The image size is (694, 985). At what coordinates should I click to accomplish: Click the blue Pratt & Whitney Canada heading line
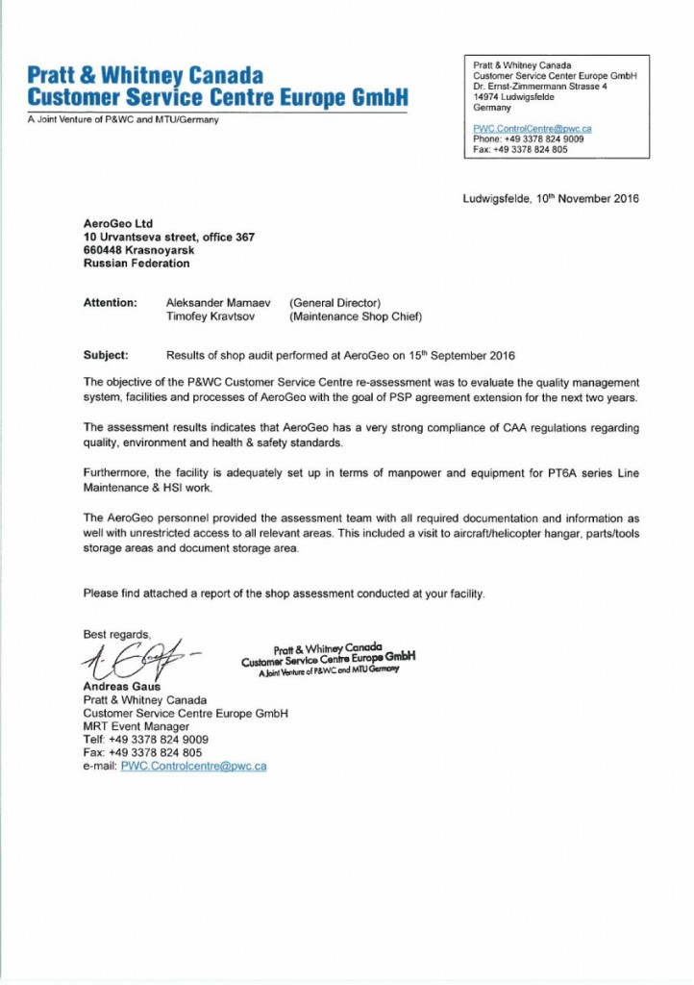tap(144, 76)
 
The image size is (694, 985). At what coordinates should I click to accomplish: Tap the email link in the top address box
tap(532, 128)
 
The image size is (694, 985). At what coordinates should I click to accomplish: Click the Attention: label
tap(111, 303)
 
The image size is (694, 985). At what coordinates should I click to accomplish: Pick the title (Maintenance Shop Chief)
tap(356, 316)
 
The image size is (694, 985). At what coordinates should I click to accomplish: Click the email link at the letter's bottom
tap(193, 766)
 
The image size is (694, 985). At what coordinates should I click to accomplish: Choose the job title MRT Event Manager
tap(136, 726)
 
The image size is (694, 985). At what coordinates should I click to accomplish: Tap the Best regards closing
tap(116, 634)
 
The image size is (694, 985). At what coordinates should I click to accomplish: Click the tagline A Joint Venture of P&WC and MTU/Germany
tap(123, 119)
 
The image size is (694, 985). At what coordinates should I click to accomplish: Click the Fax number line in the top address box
tap(520, 149)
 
